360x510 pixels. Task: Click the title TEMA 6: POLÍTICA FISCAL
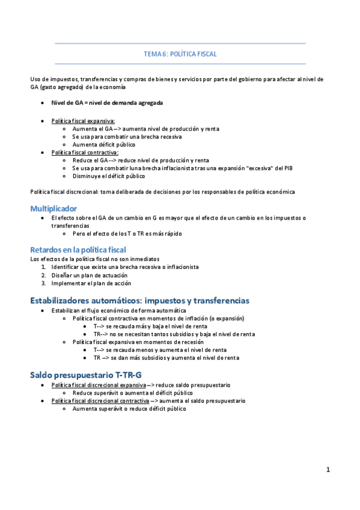point(180,54)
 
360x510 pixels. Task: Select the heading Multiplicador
point(53,208)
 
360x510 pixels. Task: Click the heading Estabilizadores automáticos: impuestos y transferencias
point(139,300)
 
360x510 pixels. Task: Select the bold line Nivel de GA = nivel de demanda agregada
point(106,103)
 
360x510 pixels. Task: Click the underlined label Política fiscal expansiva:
point(83,121)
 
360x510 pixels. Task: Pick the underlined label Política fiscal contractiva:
point(85,153)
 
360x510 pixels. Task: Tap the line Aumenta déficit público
point(104,144)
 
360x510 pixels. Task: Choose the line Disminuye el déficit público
point(109,176)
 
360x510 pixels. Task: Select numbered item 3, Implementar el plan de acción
point(91,283)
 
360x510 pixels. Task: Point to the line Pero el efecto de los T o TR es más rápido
point(127,233)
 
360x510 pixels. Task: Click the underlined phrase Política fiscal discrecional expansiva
point(99,385)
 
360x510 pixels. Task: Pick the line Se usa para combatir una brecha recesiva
point(127,137)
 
